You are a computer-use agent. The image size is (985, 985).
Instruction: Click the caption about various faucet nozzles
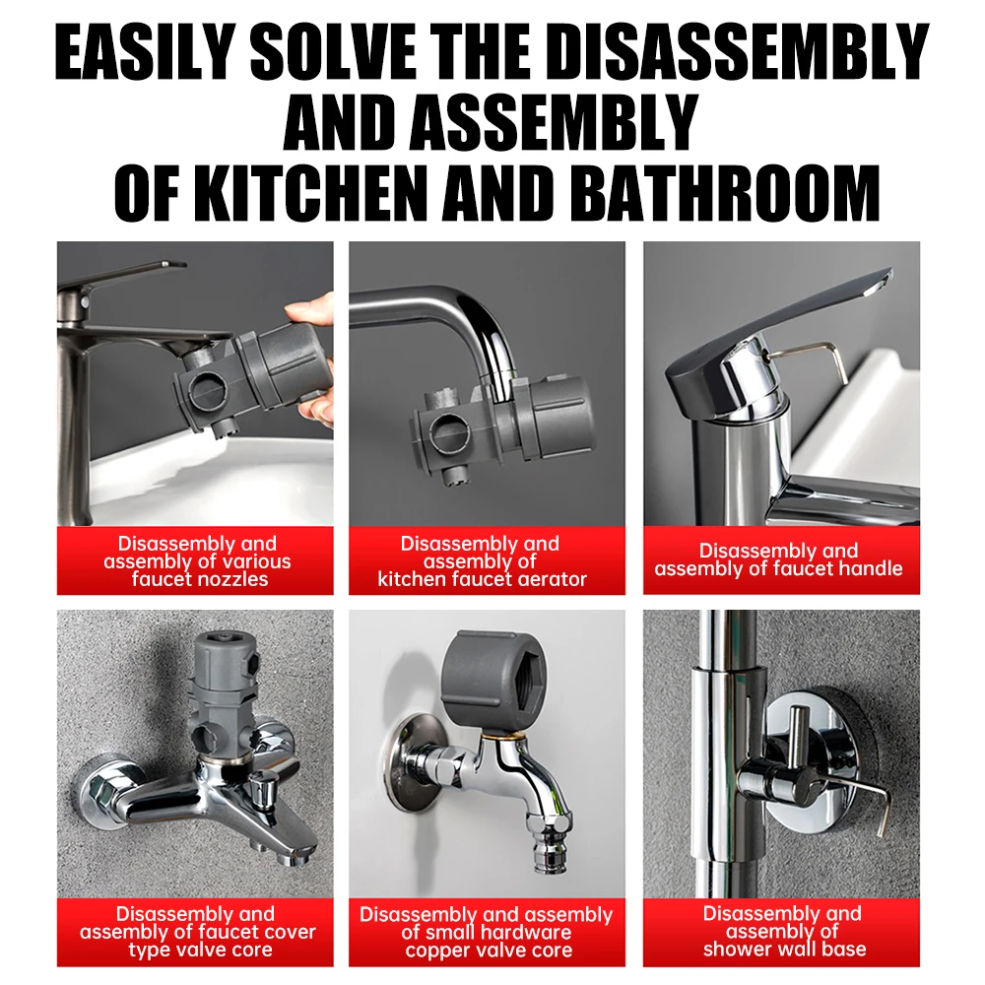point(197,561)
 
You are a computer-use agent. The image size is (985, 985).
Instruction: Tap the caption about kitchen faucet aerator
point(482,561)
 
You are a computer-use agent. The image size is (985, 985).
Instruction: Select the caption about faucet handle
point(779,559)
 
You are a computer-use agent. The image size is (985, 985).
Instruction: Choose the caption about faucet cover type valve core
point(197,932)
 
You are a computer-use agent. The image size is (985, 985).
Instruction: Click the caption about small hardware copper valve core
point(487,932)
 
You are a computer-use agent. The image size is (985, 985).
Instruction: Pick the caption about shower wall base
point(783,931)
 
